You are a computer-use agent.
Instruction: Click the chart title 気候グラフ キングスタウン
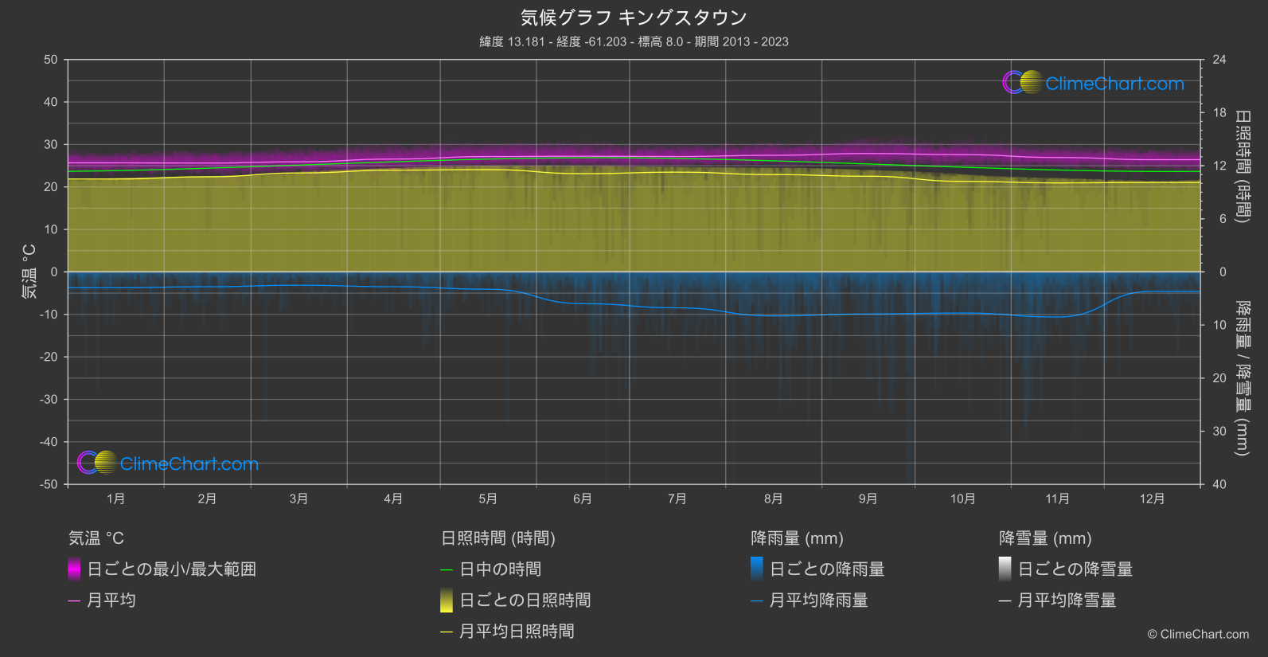(x=634, y=18)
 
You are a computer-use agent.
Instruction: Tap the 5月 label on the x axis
(x=488, y=499)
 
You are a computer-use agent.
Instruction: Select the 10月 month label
(x=962, y=499)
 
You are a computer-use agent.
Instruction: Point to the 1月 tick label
(x=116, y=499)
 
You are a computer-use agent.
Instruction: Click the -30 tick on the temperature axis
(x=49, y=400)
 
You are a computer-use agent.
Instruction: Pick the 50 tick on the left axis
(x=51, y=60)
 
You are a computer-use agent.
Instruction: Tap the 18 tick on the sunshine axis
(x=1219, y=113)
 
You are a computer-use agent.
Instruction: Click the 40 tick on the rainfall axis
(x=1219, y=484)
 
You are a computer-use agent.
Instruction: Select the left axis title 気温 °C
(x=29, y=272)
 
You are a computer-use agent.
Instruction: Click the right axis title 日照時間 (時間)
(x=1242, y=166)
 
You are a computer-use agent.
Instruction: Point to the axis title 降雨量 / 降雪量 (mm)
(x=1242, y=378)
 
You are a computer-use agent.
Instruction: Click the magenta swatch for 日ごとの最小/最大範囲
(x=74, y=569)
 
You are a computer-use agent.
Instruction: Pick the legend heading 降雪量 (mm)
(x=1045, y=538)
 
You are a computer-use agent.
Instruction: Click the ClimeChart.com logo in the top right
(x=1093, y=83)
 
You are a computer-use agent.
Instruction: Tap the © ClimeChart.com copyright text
(x=1198, y=635)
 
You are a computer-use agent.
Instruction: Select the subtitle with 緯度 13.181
(x=634, y=41)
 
